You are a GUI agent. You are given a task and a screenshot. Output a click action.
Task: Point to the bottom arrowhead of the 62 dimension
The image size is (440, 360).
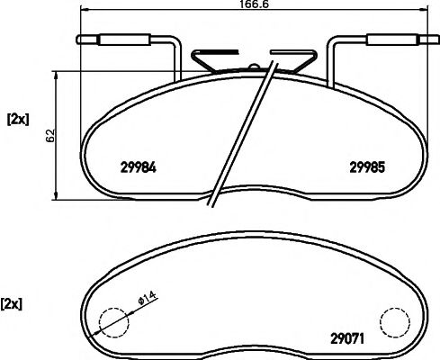tap(59, 196)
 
